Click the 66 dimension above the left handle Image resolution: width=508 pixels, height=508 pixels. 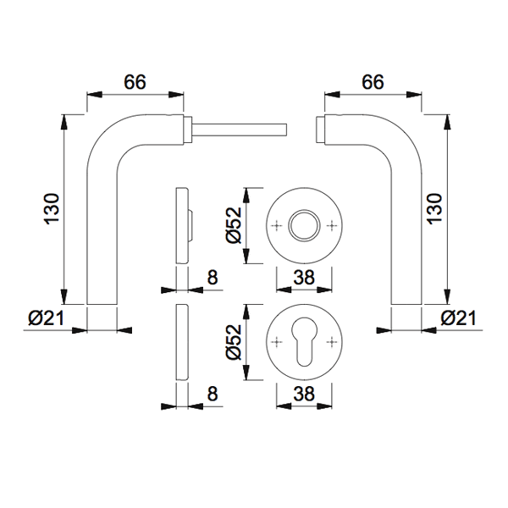pyautogui.click(x=135, y=81)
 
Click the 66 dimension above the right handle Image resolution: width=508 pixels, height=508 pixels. pyautogui.click(x=373, y=81)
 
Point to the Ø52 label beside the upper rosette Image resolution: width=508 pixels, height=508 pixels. pyautogui.click(x=235, y=224)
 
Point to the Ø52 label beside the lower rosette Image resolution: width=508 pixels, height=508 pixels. pyautogui.click(x=235, y=342)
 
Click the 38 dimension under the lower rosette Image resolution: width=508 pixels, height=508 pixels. pyautogui.click(x=304, y=394)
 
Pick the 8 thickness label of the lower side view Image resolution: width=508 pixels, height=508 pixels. pyautogui.click(x=212, y=394)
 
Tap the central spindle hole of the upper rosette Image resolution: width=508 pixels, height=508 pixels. pyautogui.click(x=304, y=225)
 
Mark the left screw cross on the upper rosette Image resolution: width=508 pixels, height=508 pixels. pyautogui.click(x=279, y=225)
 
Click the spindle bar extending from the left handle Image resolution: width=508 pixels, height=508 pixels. pyautogui.click(x=241, y=129)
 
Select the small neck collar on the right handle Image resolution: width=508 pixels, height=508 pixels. pyautogui.click(x=319, y=129)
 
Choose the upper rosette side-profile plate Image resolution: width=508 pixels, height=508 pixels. pyautogui.click(x=179, y=225)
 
